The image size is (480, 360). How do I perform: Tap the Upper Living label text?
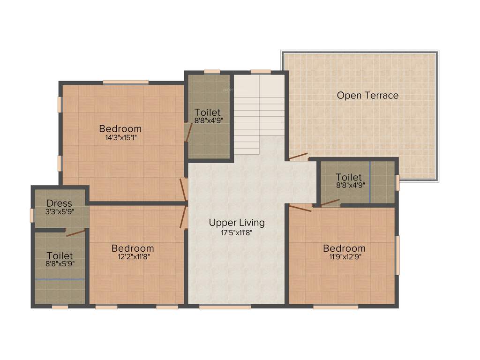[237, 223]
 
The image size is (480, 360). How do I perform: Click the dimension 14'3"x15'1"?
[120, 138]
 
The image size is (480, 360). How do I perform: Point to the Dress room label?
[60, 203]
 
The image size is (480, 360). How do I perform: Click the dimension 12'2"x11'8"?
[133, 256]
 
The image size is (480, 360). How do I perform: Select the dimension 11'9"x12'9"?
[344, 256]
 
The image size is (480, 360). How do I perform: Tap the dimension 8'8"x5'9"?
[60, 264]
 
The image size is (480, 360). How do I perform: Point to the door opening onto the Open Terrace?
[298, 157]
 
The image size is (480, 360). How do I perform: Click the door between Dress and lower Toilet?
[75, 232]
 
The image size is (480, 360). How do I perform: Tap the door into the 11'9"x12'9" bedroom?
[300, 208]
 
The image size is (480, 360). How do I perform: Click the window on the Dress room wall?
[32, 215]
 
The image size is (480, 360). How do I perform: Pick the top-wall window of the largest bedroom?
[126, 82]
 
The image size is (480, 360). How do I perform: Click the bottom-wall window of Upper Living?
[225, 307]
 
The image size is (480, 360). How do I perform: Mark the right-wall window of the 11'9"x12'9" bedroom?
[397, 255]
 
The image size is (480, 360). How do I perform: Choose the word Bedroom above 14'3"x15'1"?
[120, 129]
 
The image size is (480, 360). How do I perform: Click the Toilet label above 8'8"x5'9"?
[60, 255]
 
